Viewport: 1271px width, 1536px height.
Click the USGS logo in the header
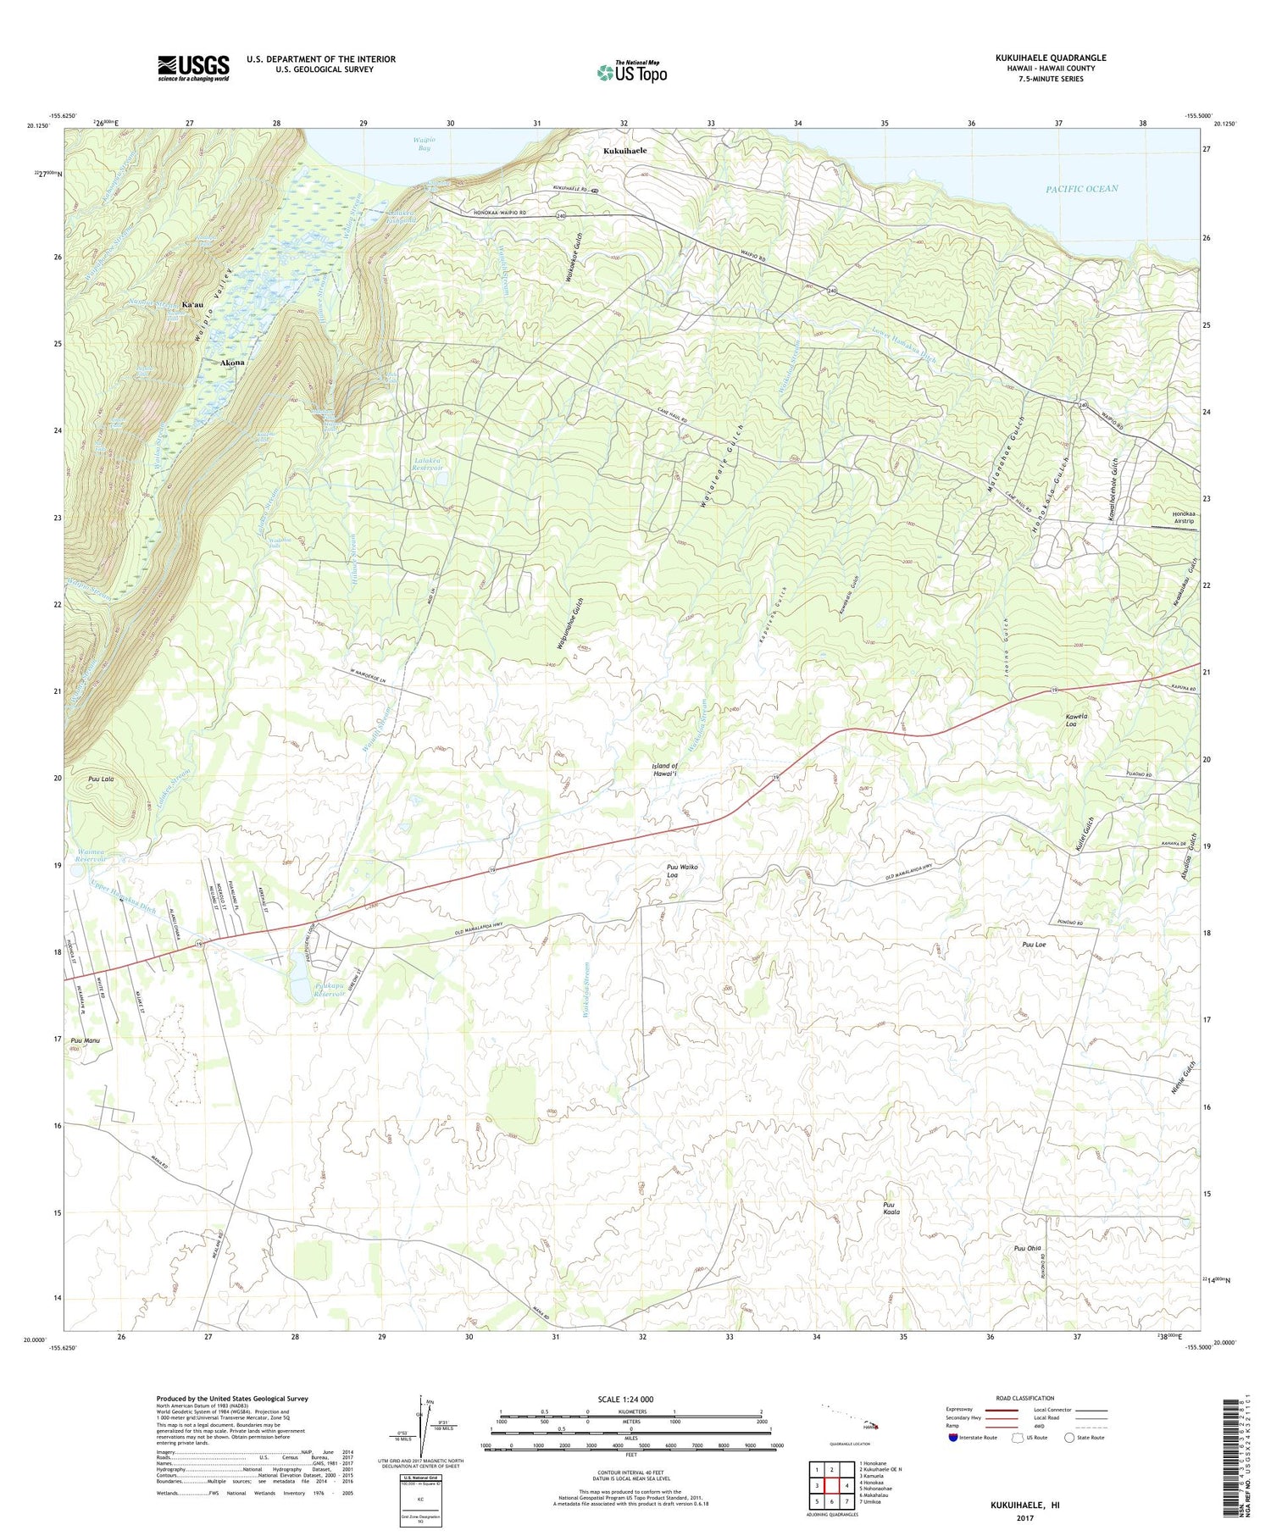click(x=193, y=68)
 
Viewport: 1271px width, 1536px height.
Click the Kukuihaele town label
click(x=624, y=151)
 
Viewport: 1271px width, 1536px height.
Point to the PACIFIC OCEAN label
click(x=1081, y=189)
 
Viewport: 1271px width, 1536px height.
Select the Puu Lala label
click(x=100, y=778)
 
